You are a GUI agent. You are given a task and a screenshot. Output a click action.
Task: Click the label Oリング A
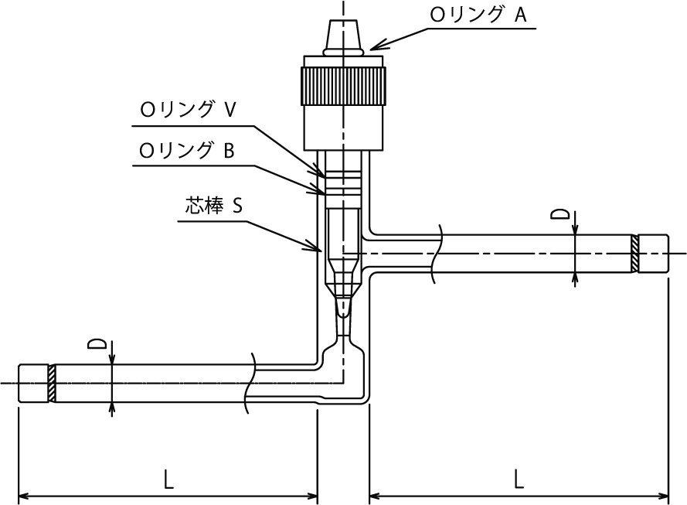pos(478,15)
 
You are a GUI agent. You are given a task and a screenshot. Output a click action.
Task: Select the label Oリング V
pos(188,110)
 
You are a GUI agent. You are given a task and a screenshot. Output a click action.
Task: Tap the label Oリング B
pos(187,150)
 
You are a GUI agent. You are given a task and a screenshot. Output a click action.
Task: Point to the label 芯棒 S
pos(213,205)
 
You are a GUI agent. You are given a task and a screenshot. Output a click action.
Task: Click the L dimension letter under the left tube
pos(168,479)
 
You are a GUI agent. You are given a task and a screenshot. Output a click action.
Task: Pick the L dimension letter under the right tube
pos(519,479)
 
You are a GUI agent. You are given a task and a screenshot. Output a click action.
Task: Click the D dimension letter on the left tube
pos(97,343)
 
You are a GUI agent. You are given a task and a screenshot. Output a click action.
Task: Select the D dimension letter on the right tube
pos(560,214)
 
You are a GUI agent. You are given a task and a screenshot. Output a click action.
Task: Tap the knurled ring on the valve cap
pos(343,86)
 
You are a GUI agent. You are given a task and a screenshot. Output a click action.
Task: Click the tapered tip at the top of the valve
pos(343,35)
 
